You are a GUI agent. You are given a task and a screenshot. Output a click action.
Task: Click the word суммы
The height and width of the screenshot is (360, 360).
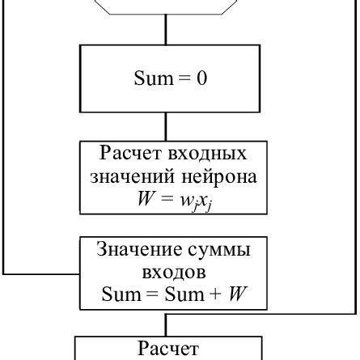pos(222,250)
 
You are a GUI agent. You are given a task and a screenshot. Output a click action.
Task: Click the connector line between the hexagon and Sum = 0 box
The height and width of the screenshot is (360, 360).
pos(166,28)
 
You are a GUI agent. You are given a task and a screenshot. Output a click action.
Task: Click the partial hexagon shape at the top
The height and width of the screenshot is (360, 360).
pos(166,6)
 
